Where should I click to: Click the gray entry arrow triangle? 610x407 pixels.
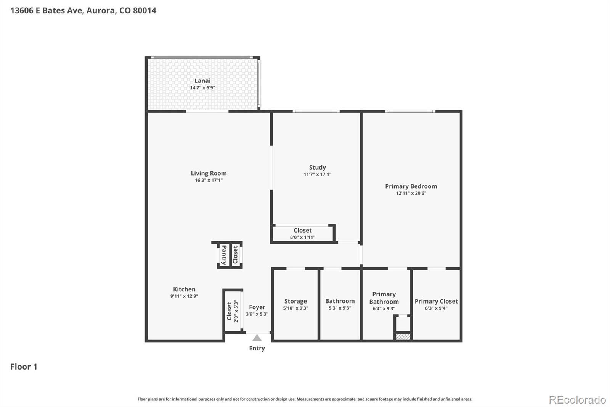257,338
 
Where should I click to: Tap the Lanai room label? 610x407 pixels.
202,81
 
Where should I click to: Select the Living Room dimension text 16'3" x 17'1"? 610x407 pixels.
209,180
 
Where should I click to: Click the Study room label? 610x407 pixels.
317,168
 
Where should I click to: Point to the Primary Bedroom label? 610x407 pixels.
411,186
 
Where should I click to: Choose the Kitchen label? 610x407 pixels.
184,289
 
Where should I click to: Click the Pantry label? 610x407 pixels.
224,255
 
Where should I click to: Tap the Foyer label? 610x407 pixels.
257,307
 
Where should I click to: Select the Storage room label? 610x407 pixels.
295,301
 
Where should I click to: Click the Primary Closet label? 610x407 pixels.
436,301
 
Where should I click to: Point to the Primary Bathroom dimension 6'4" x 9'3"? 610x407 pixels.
384,308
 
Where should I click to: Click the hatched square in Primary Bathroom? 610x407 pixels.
403,336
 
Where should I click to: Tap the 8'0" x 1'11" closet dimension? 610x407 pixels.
303,237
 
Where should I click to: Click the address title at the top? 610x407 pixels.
83,10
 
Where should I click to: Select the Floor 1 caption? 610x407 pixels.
24,367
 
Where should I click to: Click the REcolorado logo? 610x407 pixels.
577,399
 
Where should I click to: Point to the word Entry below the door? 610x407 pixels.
257,348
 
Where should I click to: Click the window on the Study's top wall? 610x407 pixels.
316,111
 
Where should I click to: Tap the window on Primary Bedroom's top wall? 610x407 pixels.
410,111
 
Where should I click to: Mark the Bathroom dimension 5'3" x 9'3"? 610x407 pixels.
340,308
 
